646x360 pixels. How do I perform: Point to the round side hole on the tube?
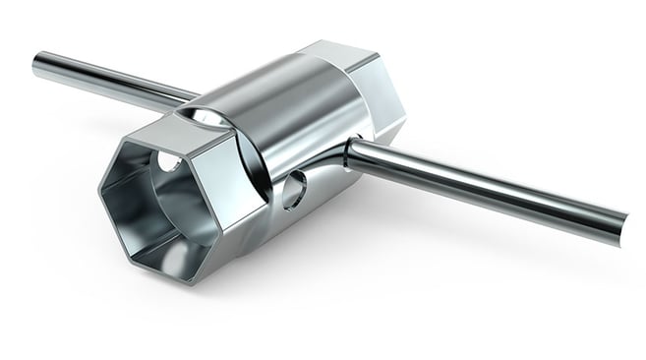click(294, 188)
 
